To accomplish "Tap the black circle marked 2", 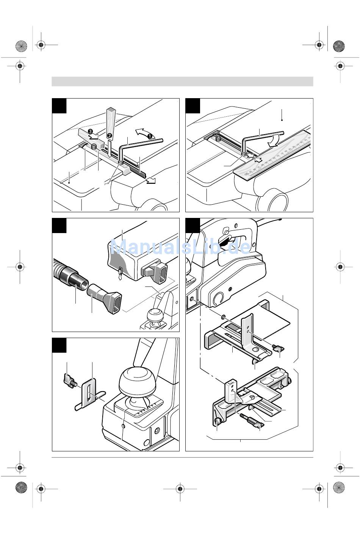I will pos(109,135).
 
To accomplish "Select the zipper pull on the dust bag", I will pos(120,274).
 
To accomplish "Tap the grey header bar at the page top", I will pos(182,81).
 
